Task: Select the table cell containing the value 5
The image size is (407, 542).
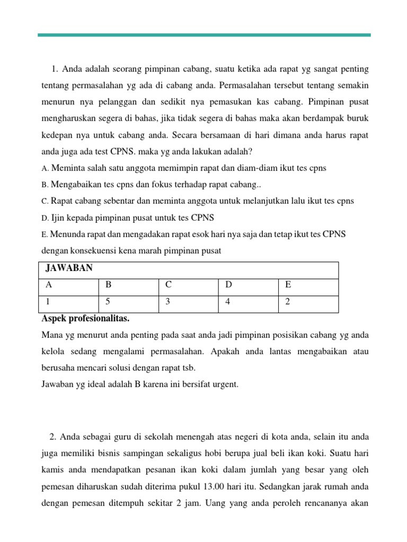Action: click(109, 304)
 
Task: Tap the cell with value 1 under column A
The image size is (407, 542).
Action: click(49, 304)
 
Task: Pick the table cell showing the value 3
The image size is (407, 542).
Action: click(168, 304)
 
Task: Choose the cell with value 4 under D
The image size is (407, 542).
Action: click(228, 304)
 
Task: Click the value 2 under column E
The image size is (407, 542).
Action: click(288, 304)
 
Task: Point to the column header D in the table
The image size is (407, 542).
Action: click(228, 285)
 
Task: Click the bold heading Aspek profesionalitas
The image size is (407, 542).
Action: click(85, 320)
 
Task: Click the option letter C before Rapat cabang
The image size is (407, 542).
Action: click(44, 201)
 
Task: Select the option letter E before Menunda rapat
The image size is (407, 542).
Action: click(44, 234)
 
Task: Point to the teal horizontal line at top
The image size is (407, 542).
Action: click(204, 35)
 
